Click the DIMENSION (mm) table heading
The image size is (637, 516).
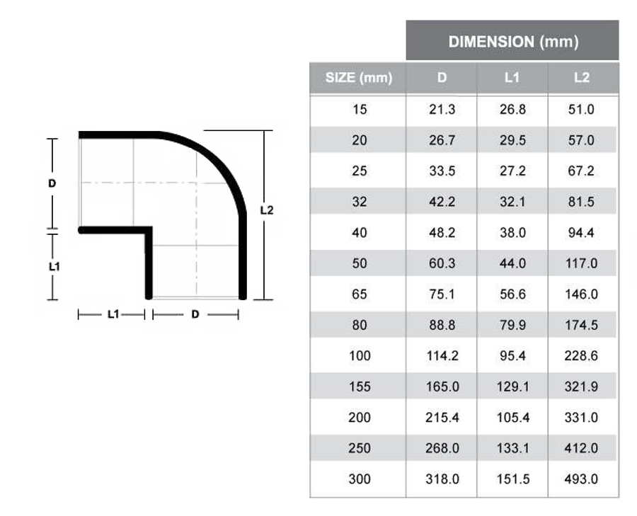pos(512,42)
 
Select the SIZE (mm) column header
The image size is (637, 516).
pos(358,78)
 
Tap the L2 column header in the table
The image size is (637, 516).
pos(581,78)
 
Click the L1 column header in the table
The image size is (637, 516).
pos(512,78)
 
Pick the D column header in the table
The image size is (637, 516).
pos(442,78)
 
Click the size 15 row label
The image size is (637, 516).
pos(360,110)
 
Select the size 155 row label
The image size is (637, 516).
pos(360,386)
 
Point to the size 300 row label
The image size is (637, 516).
pos(360,479)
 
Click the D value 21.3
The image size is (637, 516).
pos(442,110)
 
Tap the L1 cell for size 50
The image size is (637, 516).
pos(512,263)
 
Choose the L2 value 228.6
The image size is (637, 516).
pos(581,356)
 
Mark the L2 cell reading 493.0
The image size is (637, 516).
pos(581,479)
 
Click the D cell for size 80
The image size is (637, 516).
pos(442,325)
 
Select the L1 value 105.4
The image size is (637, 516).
pos(512,418)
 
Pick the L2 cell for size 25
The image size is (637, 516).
pos(581,171)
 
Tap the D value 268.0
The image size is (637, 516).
pos(442,448)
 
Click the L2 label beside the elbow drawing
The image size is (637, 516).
pos(266,210)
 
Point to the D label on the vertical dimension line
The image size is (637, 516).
pos(52,183)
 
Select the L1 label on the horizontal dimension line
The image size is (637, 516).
pos(113,314)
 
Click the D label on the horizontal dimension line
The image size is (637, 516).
pos(195,314)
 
